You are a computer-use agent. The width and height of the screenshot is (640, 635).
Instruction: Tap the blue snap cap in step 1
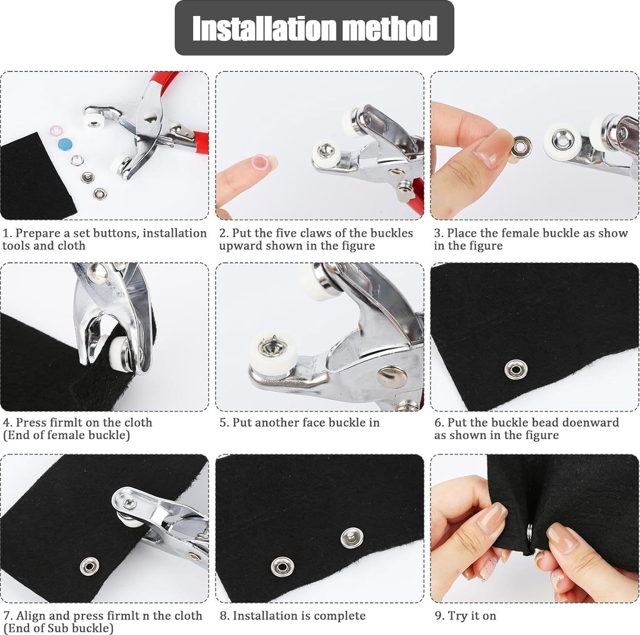click(x=65, y=144)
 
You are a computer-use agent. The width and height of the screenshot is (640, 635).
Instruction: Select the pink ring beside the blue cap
click(x=56, y=130)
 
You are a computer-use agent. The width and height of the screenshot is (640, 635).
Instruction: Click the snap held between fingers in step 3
click(x=521, y=147)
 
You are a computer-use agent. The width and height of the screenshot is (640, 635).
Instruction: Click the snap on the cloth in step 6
click(x=515, y=369)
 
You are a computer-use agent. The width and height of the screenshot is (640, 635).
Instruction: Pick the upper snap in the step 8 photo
click(x=352, y=537)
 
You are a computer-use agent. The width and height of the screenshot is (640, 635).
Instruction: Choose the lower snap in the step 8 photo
click(x=282, y=567)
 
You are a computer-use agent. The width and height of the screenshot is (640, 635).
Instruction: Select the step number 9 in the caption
click(x=438, y=606)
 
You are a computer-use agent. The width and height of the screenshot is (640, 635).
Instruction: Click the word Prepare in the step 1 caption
click(x=37, y=233)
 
